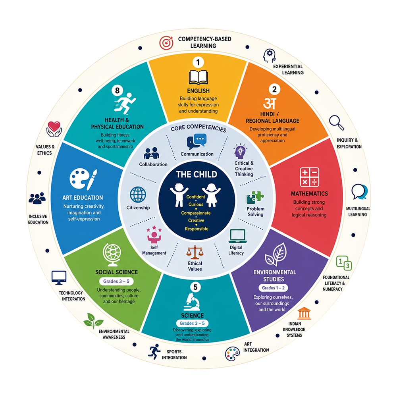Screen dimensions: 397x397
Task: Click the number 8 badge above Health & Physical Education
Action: (x=117, y=91)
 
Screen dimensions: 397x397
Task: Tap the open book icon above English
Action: (x=198, y=77)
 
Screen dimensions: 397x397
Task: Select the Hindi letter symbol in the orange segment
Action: (x=270, y=104)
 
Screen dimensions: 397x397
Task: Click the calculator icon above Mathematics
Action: (x=309, y=177)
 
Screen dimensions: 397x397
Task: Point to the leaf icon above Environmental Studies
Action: (x=276, y=254)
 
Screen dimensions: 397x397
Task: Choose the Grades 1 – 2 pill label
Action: (x=273, y=288)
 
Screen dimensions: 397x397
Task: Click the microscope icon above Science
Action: (x=192, y=302)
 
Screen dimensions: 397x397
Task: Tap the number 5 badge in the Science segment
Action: (x=195, y=287)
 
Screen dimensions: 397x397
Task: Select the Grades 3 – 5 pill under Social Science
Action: (x=116, y=281)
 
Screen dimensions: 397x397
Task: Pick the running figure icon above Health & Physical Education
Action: (x=125, y=103)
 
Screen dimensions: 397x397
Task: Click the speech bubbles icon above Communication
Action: (x=197, y=141)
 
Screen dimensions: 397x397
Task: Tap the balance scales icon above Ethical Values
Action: (x=195, y=252)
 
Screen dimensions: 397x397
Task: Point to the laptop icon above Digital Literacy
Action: (x=237, y=236)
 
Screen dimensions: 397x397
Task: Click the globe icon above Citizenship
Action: (x=138, y=195)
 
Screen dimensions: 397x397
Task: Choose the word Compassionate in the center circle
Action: (x=196, y=213)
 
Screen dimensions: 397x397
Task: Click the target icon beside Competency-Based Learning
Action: (x=166, y=43)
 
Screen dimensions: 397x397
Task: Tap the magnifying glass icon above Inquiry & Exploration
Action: (x=337, y=123)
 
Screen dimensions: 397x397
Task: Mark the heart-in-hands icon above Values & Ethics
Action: (x=54, y=129)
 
